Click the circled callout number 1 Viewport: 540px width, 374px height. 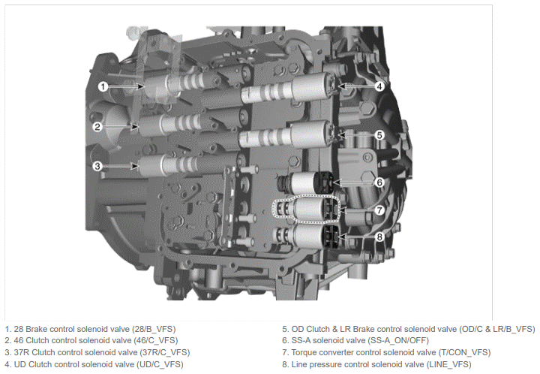pyautogui.click(x=103, y=86)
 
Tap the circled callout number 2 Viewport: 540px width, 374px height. pyautogui.click(x=97, y=127)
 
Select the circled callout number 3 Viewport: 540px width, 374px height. pyautogui.click(x=97, y=166)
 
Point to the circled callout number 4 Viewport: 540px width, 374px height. pyautogui.click(x=379, y=86)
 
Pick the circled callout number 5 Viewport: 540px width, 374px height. pyautogui.click(x=379, y=134)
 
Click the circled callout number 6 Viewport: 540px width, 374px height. pyautogui.click(x=379, y=182)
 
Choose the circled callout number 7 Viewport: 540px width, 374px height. pyautogui.click(x=379, y=210)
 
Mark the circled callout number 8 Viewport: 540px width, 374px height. pyautogui.click(x=379, y=237)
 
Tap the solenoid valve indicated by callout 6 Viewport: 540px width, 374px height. pyautogui.click(x=305, y=183)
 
